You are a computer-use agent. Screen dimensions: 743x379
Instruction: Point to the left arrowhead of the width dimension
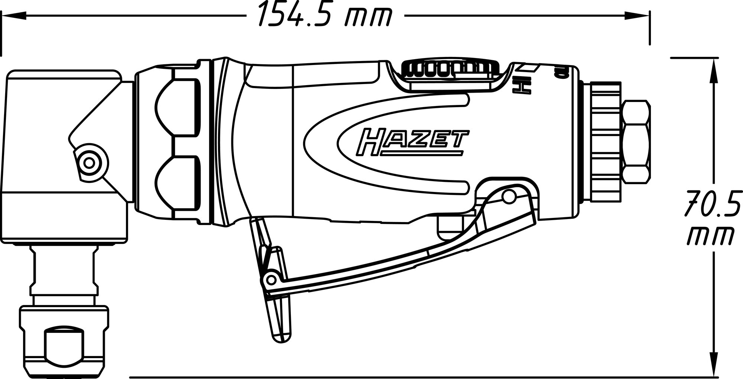[13, 16]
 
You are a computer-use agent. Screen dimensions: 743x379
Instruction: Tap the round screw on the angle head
[89, 162]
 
